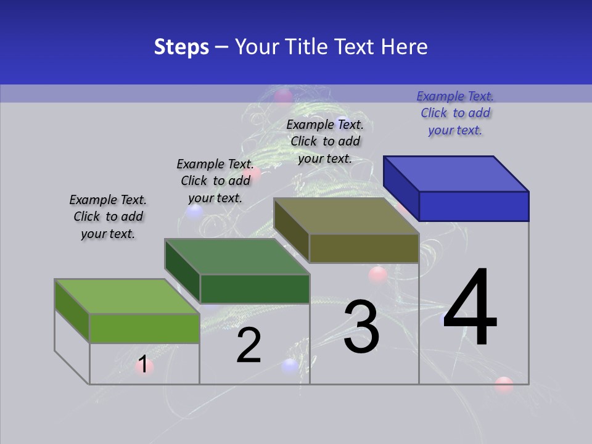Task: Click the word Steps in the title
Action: (181, 47)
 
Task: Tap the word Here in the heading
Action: (405, 47)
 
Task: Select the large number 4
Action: (471, 308)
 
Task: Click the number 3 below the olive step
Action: (361, 327)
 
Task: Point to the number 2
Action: (249, 345)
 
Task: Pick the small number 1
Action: (143, 364)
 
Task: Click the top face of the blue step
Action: (456, 173)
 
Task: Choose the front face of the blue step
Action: (474, 206)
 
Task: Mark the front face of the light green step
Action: (144, 328)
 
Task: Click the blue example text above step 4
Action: (455, 113)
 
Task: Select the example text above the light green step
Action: (108, 217)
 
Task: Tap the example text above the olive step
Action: (325, 142)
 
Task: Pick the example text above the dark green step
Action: (215, 181)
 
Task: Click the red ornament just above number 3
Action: (377, 275)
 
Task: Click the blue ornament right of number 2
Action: (290, 366)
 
